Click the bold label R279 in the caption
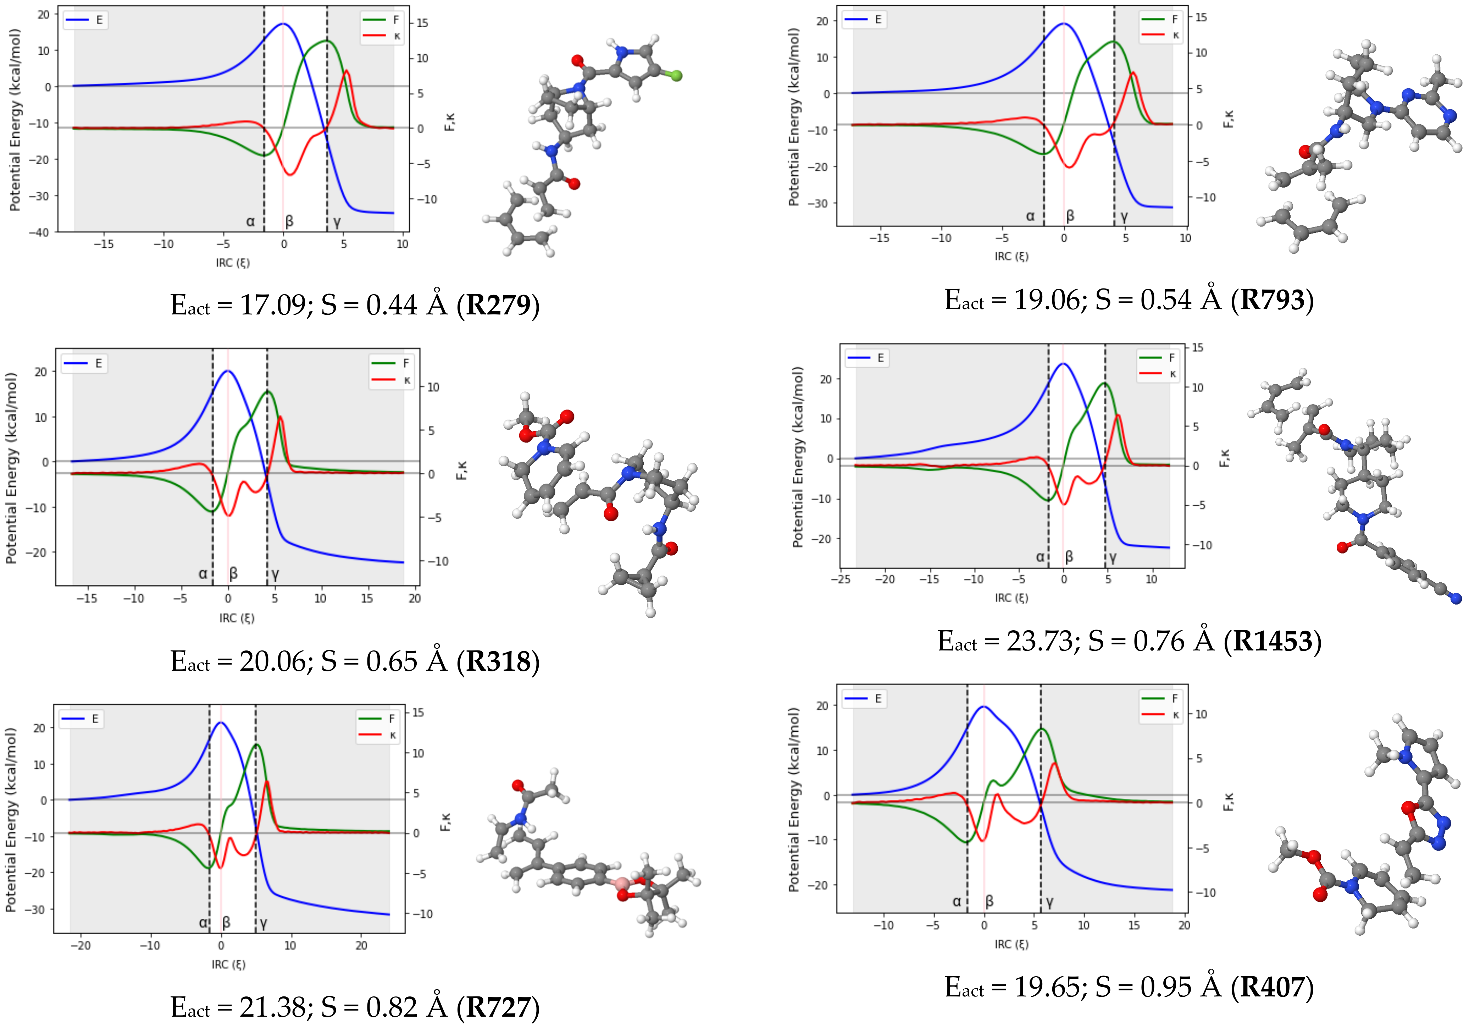click(x=498, y=305)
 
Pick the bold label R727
click(x=498, y=1007)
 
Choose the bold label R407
click(x=1272, y=987)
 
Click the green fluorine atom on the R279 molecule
click(x=676, y=76)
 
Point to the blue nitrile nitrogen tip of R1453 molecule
click(x=1456, y=599)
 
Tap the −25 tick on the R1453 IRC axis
click(x=840, y=579)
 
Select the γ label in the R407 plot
click(x=1049, y=902)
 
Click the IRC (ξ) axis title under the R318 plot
click(x=237, y=619)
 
